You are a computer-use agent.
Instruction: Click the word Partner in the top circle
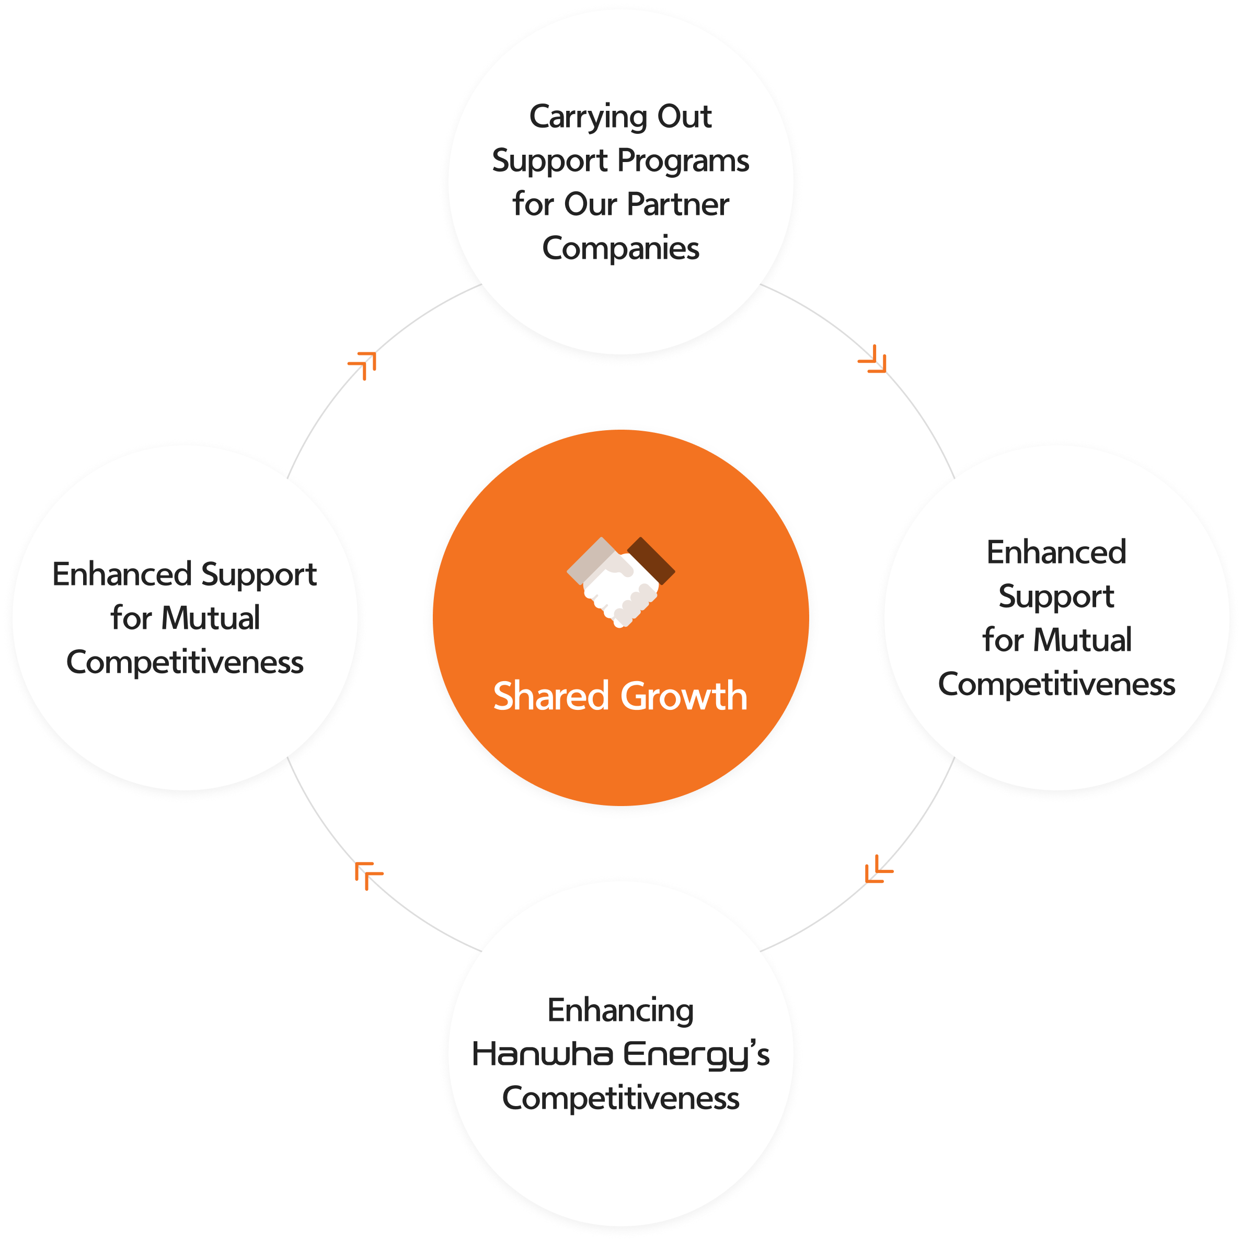tap(677, 204)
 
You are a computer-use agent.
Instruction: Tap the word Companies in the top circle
tap(620, 249)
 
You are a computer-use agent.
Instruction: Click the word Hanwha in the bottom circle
tap(543, 1055)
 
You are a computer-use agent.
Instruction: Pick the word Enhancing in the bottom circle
tap(620, 1011)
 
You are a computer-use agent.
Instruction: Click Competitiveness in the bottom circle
tap(620, 1098)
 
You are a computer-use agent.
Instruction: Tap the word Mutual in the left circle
tap(210, 618)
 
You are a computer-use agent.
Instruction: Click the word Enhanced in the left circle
tap(122, 574)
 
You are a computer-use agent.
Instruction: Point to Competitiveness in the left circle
tap(185, 663)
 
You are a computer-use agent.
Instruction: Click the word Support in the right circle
tap(1056, 597)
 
